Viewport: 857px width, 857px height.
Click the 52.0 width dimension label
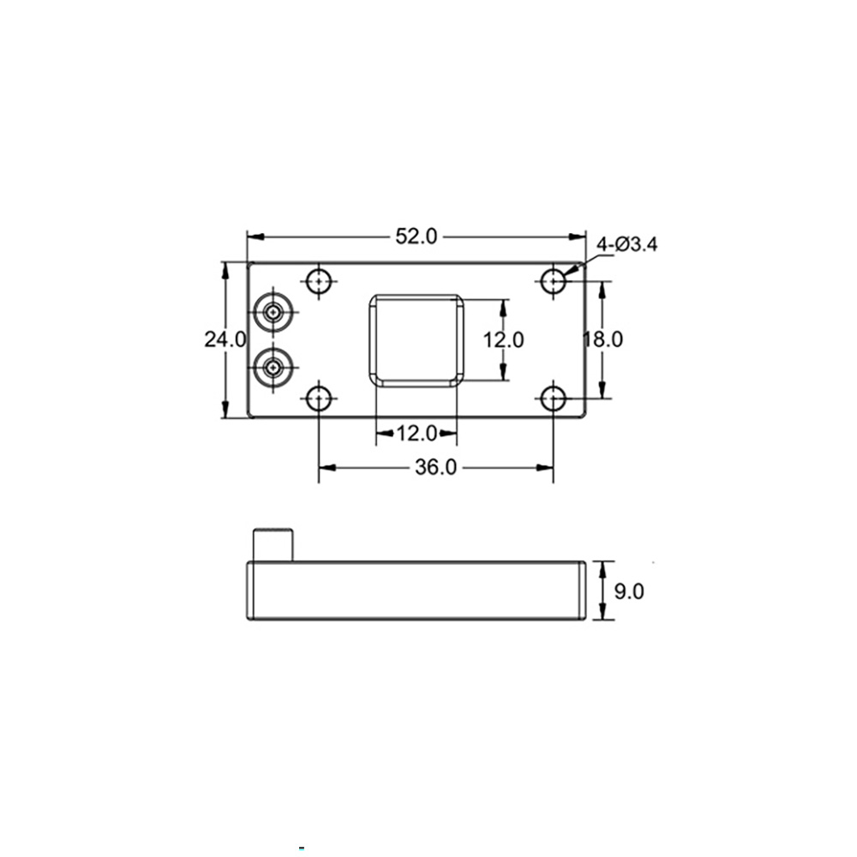pyautogui.click(x=417, y=237)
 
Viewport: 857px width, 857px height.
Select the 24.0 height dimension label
pyautogui.click(x=225, y=339)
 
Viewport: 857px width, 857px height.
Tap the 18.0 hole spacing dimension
pyautogui.click(x=602, y=339)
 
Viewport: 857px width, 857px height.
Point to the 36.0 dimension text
pyautogui.click(x=435, y=467)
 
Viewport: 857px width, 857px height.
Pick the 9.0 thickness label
pyautogui.click(x=629, y=590)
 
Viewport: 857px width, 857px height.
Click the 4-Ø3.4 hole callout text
pyautogui.click(x=627, y=244)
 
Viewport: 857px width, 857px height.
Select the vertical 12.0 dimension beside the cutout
pyautogui.click(x=503, y=339)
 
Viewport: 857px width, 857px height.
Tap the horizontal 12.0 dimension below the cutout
pyautogui.click(x=417, y=434)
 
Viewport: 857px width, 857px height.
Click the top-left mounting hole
pyautogui.click(x=319, y=281)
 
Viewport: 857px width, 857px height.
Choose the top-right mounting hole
pyautogui.click(x=553, y=281)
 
